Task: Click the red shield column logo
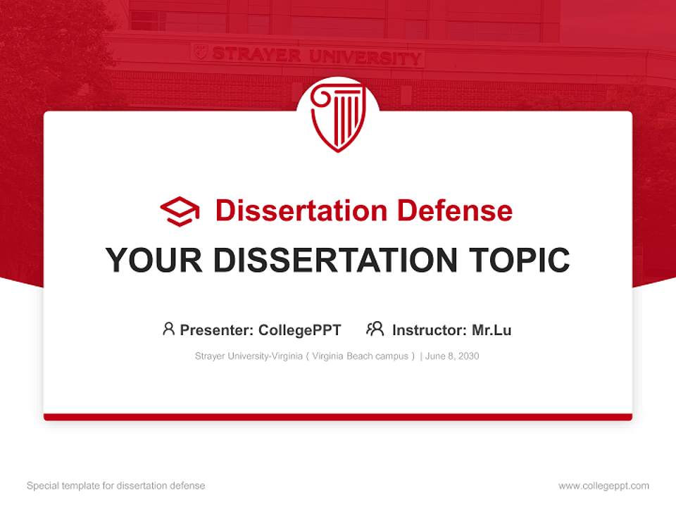(337, 117)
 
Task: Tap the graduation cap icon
(180, 211)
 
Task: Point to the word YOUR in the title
(154, 261)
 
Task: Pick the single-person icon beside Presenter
(168, 329)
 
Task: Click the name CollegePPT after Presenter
(300, 330)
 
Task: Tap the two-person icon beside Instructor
(375, 329)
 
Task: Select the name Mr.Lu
(491, 330)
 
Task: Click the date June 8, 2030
(452, 356)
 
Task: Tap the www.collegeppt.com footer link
(603, 486)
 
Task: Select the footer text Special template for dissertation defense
(116, 486)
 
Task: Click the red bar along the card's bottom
(338, 417)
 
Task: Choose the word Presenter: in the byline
(217, 330)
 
